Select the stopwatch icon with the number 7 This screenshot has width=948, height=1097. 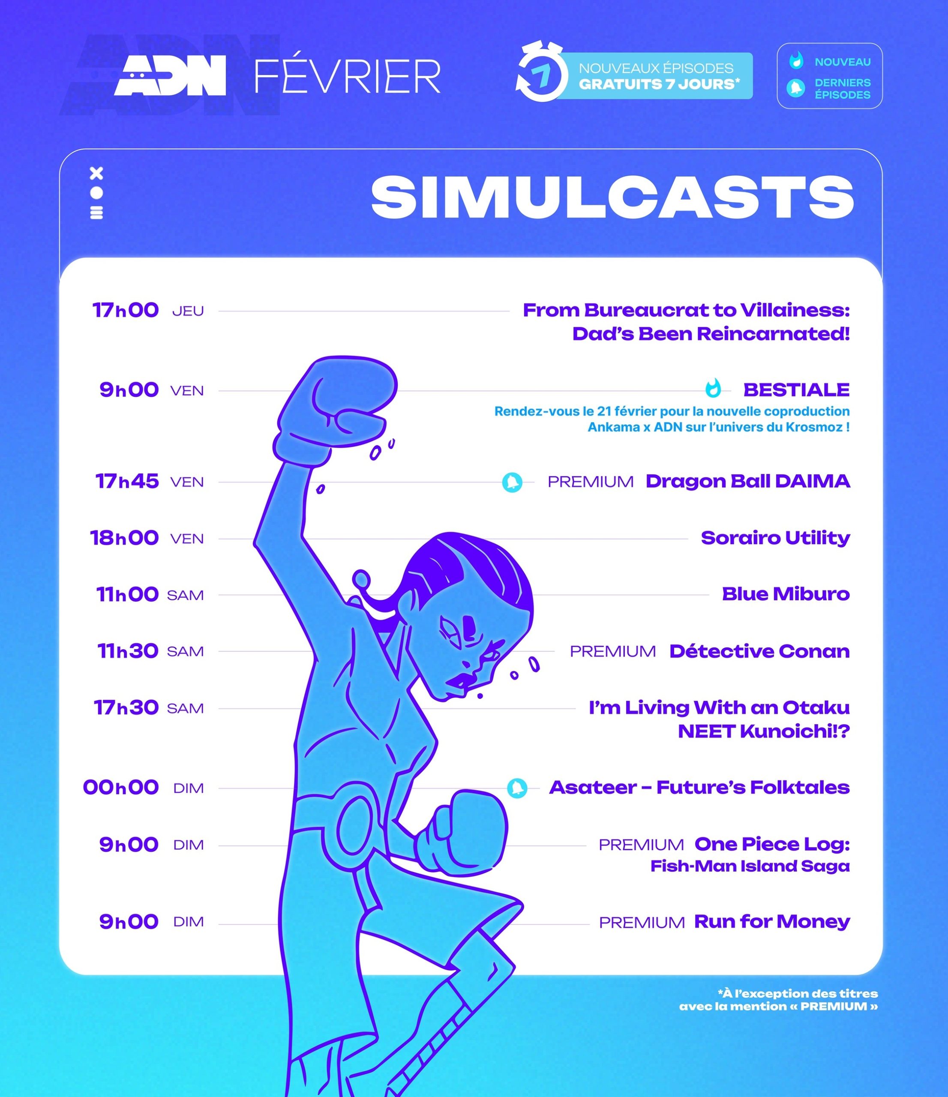[x=539, y=72]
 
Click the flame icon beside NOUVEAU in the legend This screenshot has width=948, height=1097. [x=796, y=61]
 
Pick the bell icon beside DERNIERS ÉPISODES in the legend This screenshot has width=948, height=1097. [x=795, y=88]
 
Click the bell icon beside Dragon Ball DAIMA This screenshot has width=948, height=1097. [x=512, y=482]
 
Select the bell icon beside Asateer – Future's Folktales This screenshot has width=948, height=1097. [x=517, y=788]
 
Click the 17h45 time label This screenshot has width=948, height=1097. [x=127, y=481]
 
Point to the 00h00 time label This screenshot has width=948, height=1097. [x=121, y=787]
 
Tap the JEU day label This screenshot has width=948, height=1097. [x=188, y=311]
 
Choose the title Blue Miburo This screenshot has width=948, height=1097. [x=786, y=594]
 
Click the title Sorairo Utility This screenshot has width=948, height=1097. [x=775, y=538]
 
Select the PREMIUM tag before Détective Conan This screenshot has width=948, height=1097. [x=613, y=651]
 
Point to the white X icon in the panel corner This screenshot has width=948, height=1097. [x=96, y=173]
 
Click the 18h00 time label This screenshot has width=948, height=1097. [x=124, y=538]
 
